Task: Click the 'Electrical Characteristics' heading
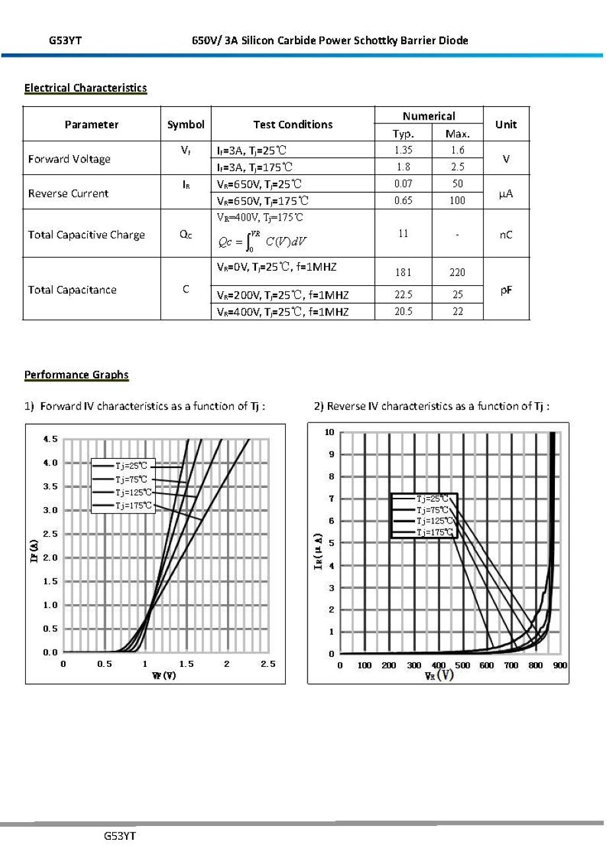click(x=85, y=88)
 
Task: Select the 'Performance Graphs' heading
click(x=77, y=375)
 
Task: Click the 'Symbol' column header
click(x=185, y=124)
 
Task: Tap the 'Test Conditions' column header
click(x=293, y=124)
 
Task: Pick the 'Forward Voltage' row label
click(x=69, y=158)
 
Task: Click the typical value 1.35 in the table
click(x=403, y=150)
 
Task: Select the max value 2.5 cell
click(x=457, y=167)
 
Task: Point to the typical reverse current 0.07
click(x=403, y=184)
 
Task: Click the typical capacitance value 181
click(x=403, y=272)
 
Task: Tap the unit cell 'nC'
click(x=506, y=234)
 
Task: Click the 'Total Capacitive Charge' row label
click(x=86, y=234)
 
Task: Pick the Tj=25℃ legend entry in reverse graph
click(x=432, y=498)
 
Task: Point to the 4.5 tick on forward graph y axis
click(x=50, y=439)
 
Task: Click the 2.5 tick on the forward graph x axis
click(x=268, y=664)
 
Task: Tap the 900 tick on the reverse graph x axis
click(x=560, y=666)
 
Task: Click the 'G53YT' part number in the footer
click(x=119, y=836)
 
